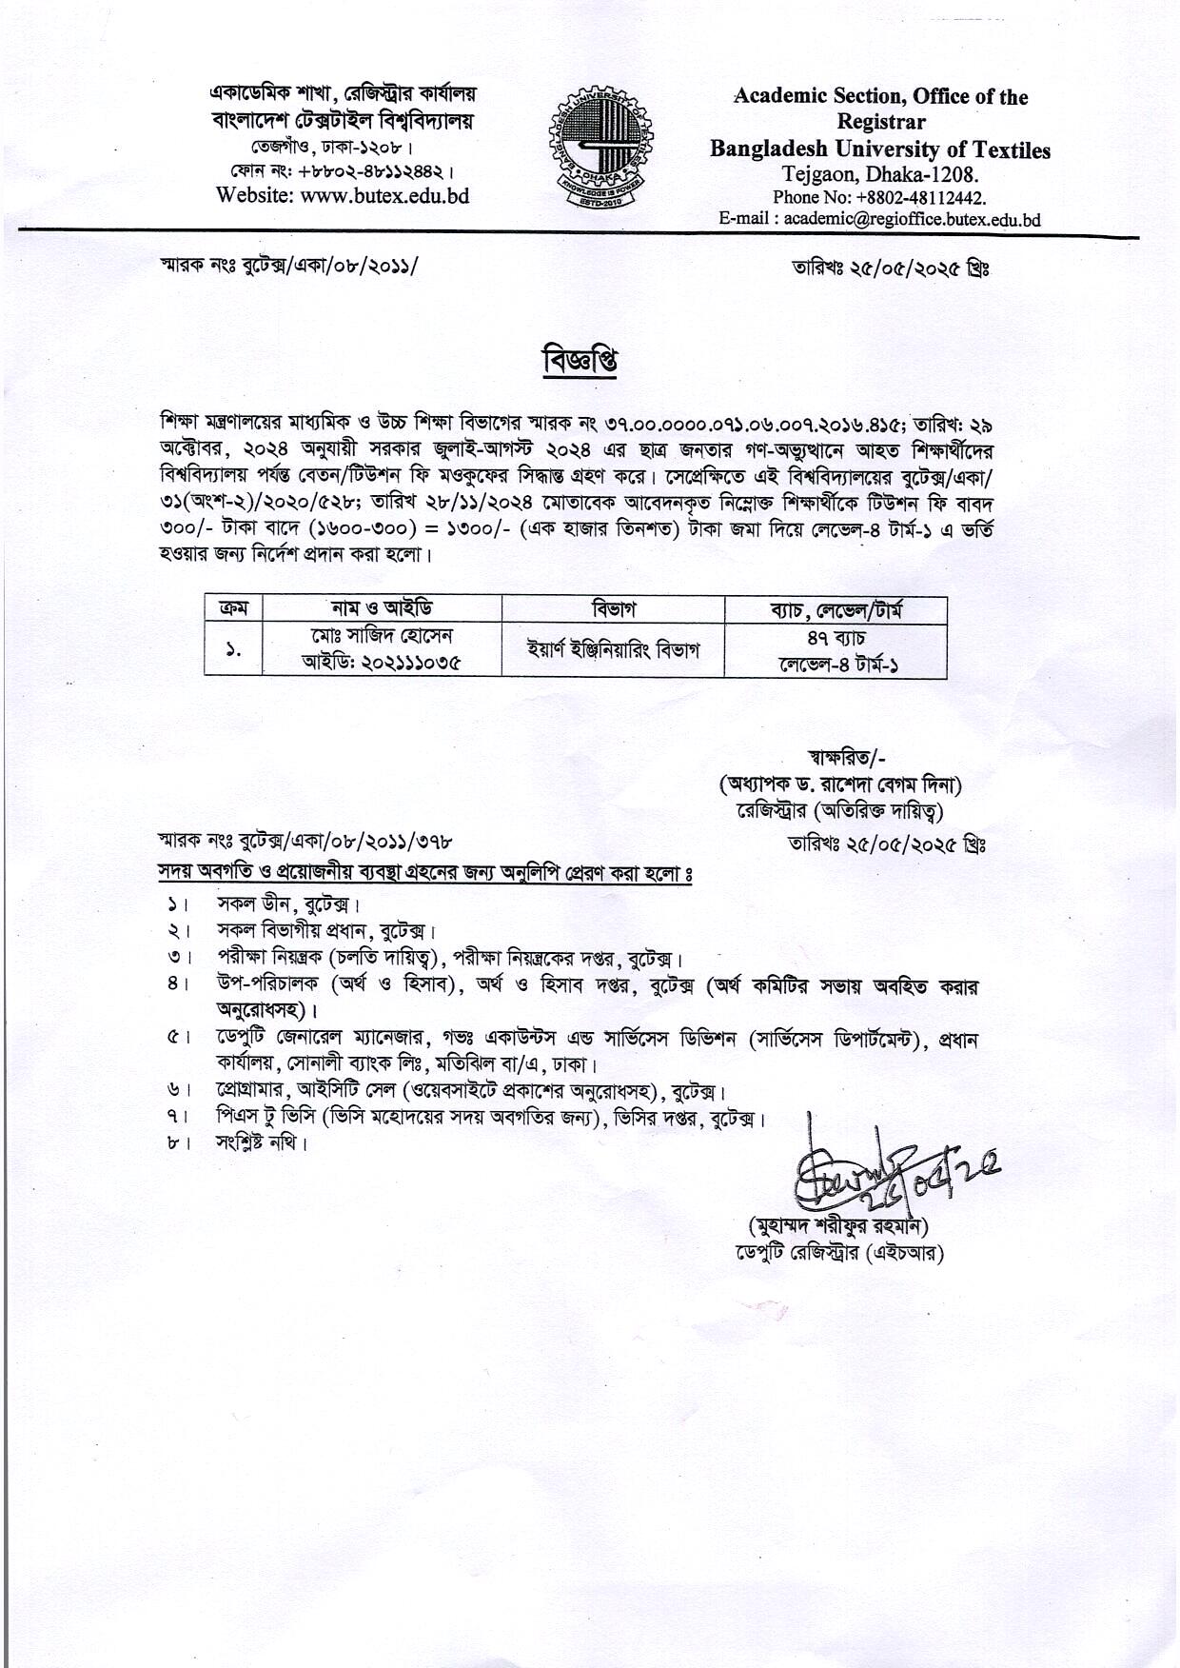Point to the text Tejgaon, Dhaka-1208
tap(879, 175)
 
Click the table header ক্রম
tap(233, 608)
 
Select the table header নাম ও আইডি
tap(382, 608)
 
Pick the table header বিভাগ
tap(613, 608)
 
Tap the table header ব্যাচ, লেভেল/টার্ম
tap(836, 608)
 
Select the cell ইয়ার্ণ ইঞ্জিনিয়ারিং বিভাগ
tap(613, 650)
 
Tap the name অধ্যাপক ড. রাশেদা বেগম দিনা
tap(840, 785)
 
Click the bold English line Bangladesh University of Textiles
tap(880, 150)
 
